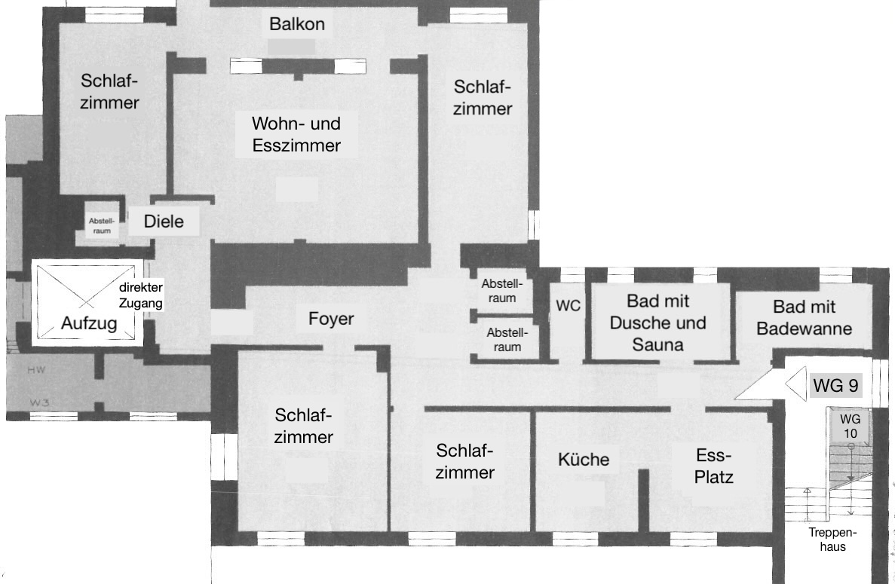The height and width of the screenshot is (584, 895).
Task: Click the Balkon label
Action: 297,24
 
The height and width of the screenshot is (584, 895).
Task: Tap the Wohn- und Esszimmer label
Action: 296,134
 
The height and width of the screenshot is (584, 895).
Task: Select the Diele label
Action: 164,222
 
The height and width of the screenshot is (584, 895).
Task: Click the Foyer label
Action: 331,319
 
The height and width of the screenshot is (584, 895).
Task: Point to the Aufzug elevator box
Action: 87,303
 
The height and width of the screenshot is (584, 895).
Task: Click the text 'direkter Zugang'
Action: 141,295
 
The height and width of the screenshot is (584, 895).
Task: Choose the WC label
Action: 568,306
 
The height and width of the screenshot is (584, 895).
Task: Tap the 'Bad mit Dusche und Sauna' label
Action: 657,323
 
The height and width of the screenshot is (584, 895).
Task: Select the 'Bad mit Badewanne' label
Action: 805,318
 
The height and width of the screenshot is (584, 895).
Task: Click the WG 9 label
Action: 835,386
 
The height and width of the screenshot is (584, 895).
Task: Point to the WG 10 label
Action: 850,426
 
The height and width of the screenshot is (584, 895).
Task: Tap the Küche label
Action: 584,459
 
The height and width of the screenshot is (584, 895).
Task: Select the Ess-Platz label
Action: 714,466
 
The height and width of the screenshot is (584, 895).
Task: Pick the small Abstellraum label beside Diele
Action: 102,226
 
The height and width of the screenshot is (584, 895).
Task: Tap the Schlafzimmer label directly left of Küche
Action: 465,461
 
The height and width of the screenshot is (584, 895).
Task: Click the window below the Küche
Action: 575,538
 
